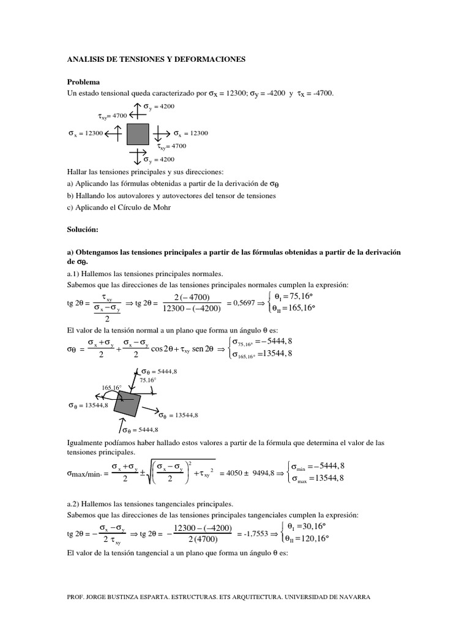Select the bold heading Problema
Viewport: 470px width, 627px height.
pos(83,81)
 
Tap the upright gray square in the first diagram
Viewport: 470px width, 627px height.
pos(138,134)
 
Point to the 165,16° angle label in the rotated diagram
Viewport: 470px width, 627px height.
pos(111,388)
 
